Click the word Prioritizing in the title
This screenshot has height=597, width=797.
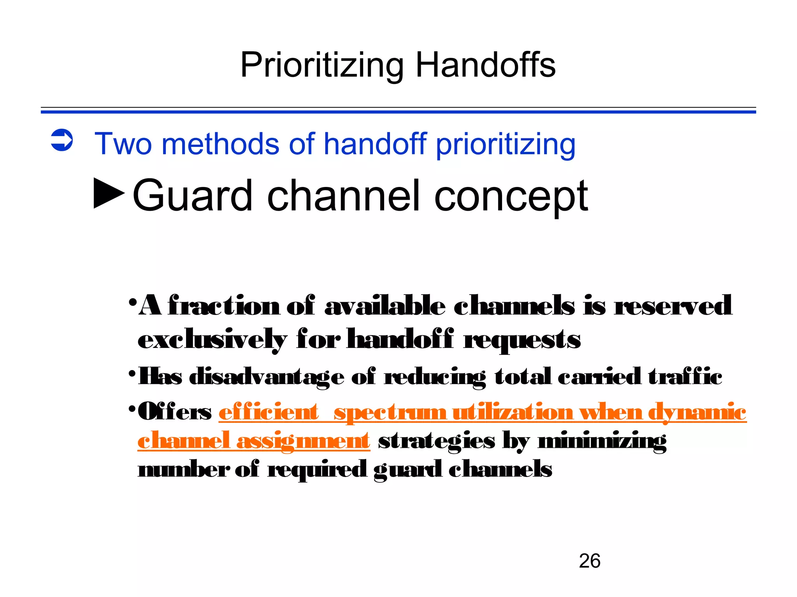coord(322,65)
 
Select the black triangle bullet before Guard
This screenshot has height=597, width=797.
coord(109,193)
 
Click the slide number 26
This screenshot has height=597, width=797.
coord(589,561)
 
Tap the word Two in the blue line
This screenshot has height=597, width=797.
coord(123,144)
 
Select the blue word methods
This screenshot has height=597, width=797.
coord(220,144)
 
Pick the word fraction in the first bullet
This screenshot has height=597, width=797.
coord(224,305)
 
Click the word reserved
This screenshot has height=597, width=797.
coord(673,305)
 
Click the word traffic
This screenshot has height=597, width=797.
coord(685,376)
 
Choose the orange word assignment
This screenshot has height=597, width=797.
coord(303,441)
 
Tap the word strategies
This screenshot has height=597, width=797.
coord(436,441)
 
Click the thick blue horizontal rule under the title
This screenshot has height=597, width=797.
coord(398,112)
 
